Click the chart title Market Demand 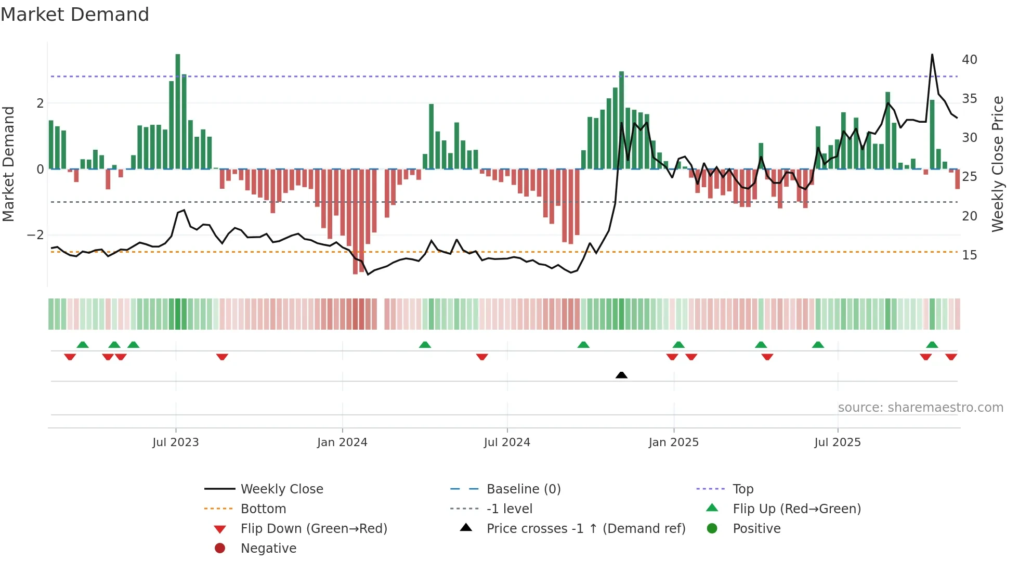coord(75,15)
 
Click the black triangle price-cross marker coord(621,375)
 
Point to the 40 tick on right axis coord(969,60)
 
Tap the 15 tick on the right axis coord(969,255)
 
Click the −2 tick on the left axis coord(36,235)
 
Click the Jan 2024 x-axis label coord(342,442)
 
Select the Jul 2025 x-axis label coord(838,442)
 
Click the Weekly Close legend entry coord(281,489)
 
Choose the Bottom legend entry coord(263,509)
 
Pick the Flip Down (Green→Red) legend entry coord(313,529)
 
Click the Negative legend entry coord(268,549)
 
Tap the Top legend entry coord(742,489)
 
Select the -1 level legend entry coord(509,509)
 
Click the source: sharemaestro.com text coord(920,408)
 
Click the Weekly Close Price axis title coord(997,164)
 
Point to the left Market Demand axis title coord(9,164)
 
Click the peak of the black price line coord(932,55)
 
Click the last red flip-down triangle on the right coord(951,357)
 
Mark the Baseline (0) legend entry coord(523,489)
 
